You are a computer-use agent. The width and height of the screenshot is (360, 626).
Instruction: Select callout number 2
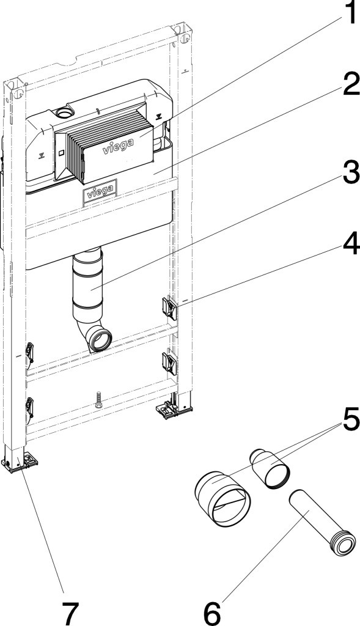coord(350,85)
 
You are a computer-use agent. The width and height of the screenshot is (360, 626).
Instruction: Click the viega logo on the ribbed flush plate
coord(118,147)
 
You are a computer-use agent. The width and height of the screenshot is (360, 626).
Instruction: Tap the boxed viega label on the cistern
coord(100,194)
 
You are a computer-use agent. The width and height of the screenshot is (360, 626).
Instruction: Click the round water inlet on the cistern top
coord(63,113)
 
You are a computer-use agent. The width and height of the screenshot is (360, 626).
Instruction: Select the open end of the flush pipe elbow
coord(100,339)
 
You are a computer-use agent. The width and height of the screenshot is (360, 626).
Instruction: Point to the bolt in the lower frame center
coord(98,400)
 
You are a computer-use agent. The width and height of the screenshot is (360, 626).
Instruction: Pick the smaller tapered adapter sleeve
coord(270,468)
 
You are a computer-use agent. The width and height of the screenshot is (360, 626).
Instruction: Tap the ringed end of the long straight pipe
coord(343,543)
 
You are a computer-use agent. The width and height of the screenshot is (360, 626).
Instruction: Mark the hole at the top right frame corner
coord(185,39)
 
